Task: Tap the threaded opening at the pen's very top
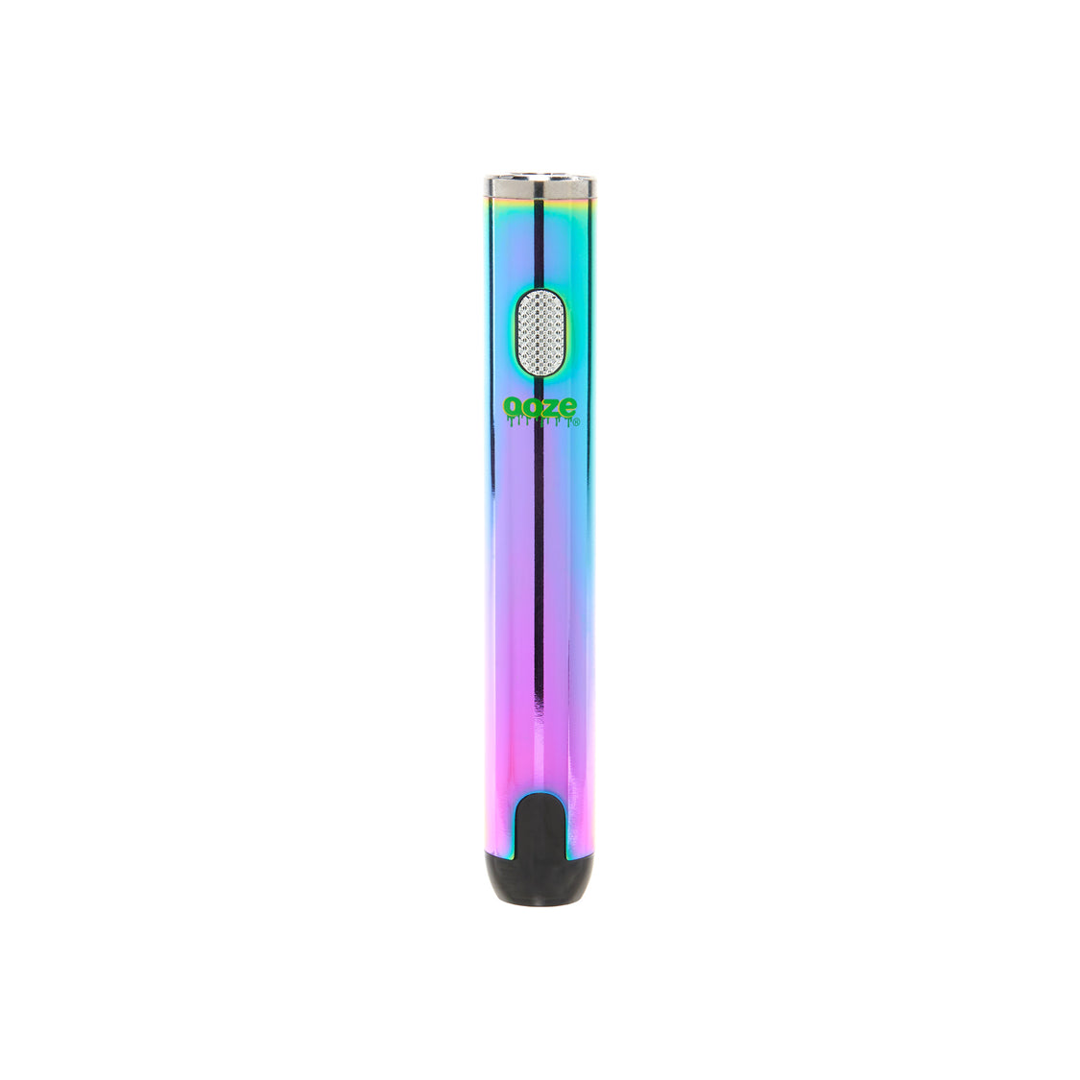coord(539,177)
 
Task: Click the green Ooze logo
coord(540,408)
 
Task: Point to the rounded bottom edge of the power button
coord(539,372)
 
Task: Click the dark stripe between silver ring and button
coord(540,240)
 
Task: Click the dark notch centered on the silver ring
coord(539,186)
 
